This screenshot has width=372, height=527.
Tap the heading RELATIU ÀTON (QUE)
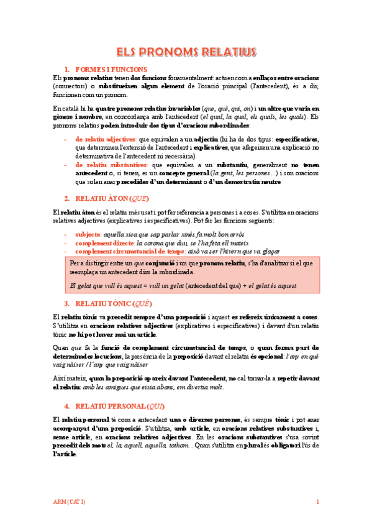coord(112,198)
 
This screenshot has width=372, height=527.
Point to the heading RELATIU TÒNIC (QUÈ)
coord(113,304)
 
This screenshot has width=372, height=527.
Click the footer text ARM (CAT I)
coord(68,502)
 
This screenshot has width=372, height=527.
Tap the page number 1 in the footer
coord(317,502)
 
